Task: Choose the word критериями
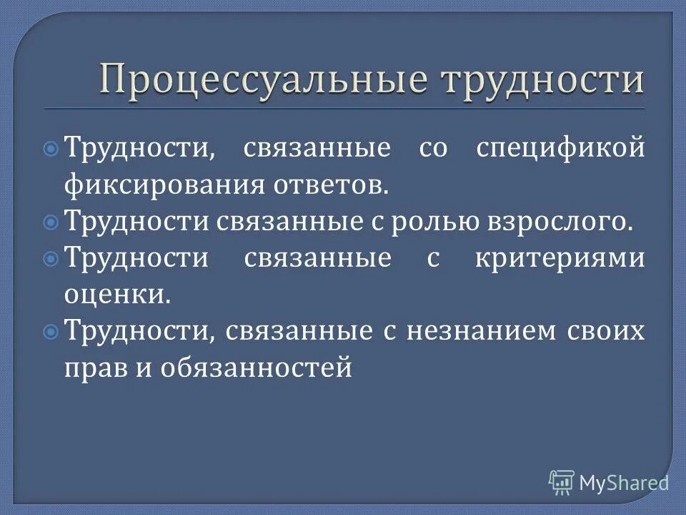tap(560, 257)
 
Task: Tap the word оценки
tap(116, 294)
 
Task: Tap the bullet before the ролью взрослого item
tap(51, 222)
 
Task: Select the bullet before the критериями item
tap(51, 257)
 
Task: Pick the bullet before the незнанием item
tap(51, 330)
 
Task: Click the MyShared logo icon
tap(562, 482)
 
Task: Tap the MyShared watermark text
tap(624, 483)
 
